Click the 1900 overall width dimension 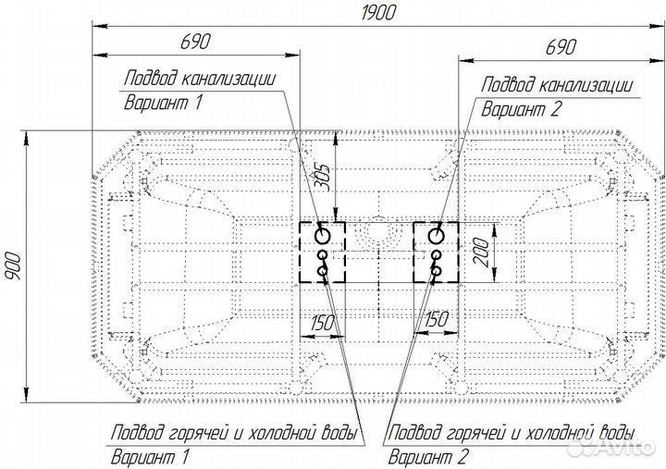pyautogui.click(x=378, y=12)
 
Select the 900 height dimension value pyautogui.click(x=12, y=266)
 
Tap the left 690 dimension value pyautogui.click(x=195, y=42)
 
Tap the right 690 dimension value pyautogui.click(x=561, y=47)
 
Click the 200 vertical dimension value pyautogui.click(x=481, y=253)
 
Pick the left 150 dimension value pyautogui.click(x=323, y=323)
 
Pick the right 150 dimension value pyautogui.click(x=437, y=319)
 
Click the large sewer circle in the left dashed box pyautogui.click(x=323, y=235)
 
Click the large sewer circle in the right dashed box pyautogui.click(x=436, y=235)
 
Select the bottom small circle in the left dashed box pyautogui.click(x=323, y=271)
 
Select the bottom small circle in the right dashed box pyautogui.click(x=437, y=271)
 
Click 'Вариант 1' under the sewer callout pyautogui.click(x=163, y=103)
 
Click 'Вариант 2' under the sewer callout pyautogui.click(x=521, y=109)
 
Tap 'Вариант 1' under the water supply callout pyautogui.click(x=150, y=457)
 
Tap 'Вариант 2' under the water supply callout pyautogui.click(x=428, y=457)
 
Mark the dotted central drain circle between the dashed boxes pyautogui.click(x=379, y=233)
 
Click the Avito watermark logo pyautogui.click(x=612, y=446)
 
